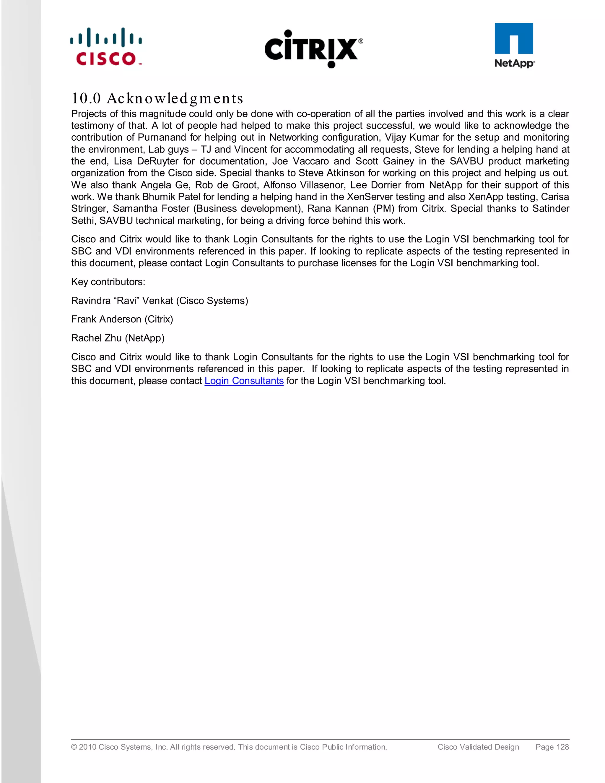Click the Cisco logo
pos(106,47)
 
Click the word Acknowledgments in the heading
pos(175,98)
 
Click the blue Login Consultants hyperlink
pos(244,381)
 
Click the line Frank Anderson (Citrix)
pos(122,319)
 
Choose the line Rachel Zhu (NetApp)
pos(118,338)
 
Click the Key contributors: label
pos(108,282)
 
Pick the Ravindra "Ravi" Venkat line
pos(160,300)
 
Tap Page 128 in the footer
pos(552,747)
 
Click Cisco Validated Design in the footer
pos(478,747)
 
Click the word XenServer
pos(370,196)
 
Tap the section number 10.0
pos(86,98)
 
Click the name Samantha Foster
pos(151,208)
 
